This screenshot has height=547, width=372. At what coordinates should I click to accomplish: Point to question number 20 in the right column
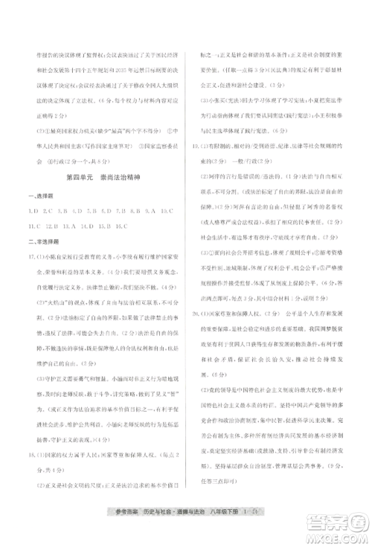[196, 314]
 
